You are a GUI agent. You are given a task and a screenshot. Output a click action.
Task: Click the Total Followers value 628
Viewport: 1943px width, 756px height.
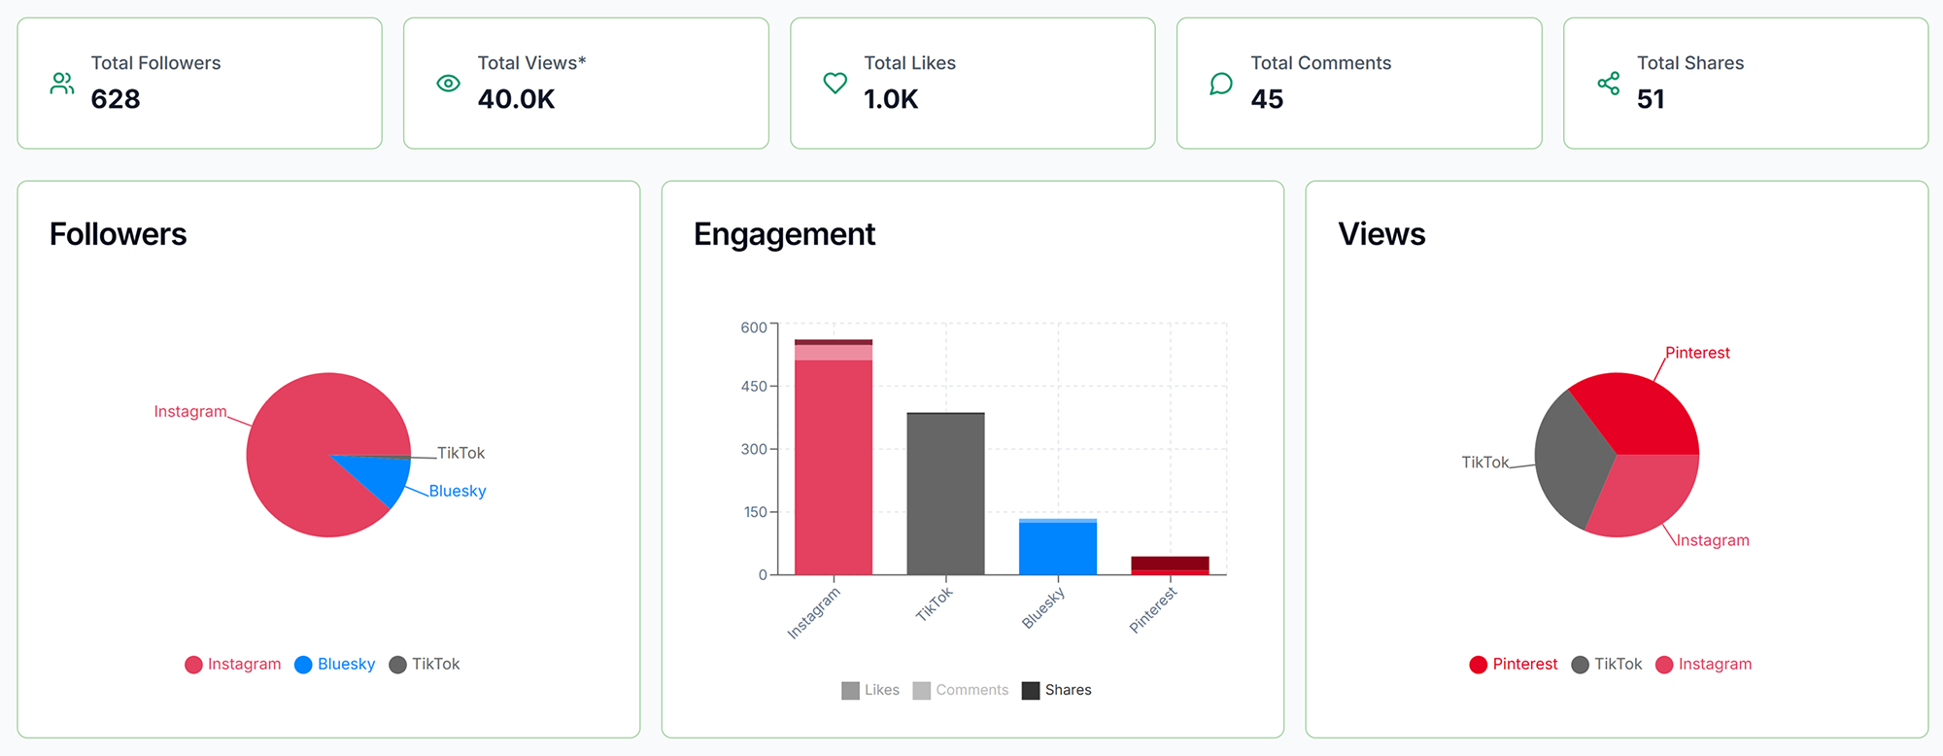tap(116, 99)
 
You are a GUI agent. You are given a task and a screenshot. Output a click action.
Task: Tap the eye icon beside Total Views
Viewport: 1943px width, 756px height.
tap(448, 84)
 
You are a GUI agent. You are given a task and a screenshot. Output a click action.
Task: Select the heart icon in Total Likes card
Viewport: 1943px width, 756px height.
tap(835, 84)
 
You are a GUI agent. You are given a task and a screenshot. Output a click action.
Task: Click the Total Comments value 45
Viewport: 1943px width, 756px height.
tap(1267, 99)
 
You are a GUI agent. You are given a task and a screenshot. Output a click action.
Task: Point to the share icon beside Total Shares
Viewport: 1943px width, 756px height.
tap(1608, 84)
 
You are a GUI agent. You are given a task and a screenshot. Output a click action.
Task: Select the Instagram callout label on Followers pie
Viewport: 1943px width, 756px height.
tap(190, 411)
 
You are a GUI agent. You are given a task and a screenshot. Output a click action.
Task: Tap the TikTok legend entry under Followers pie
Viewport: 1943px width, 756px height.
tap(425, 664)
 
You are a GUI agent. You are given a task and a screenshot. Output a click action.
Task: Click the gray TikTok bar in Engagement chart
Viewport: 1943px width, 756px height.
tap(945, 496)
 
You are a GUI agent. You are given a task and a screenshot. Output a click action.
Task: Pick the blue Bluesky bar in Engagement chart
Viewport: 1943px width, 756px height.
tap(1057, 549)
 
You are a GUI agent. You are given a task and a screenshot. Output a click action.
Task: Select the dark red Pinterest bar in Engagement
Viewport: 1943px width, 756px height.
tap(1170, 564)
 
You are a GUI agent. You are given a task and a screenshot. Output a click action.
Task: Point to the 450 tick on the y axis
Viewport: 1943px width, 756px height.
tap(754, 386)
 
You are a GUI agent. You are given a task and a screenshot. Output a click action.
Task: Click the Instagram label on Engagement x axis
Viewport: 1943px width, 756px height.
tap(813, 613)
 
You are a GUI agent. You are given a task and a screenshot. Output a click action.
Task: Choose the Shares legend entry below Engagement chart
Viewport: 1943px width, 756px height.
tap(1057, 690)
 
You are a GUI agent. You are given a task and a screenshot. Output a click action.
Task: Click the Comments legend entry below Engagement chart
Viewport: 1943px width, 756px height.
tap(961, 690)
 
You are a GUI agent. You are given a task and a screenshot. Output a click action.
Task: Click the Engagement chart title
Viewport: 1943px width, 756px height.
tap(784, 234)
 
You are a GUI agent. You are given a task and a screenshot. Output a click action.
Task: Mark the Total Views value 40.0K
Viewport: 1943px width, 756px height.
tap(516, 99)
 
